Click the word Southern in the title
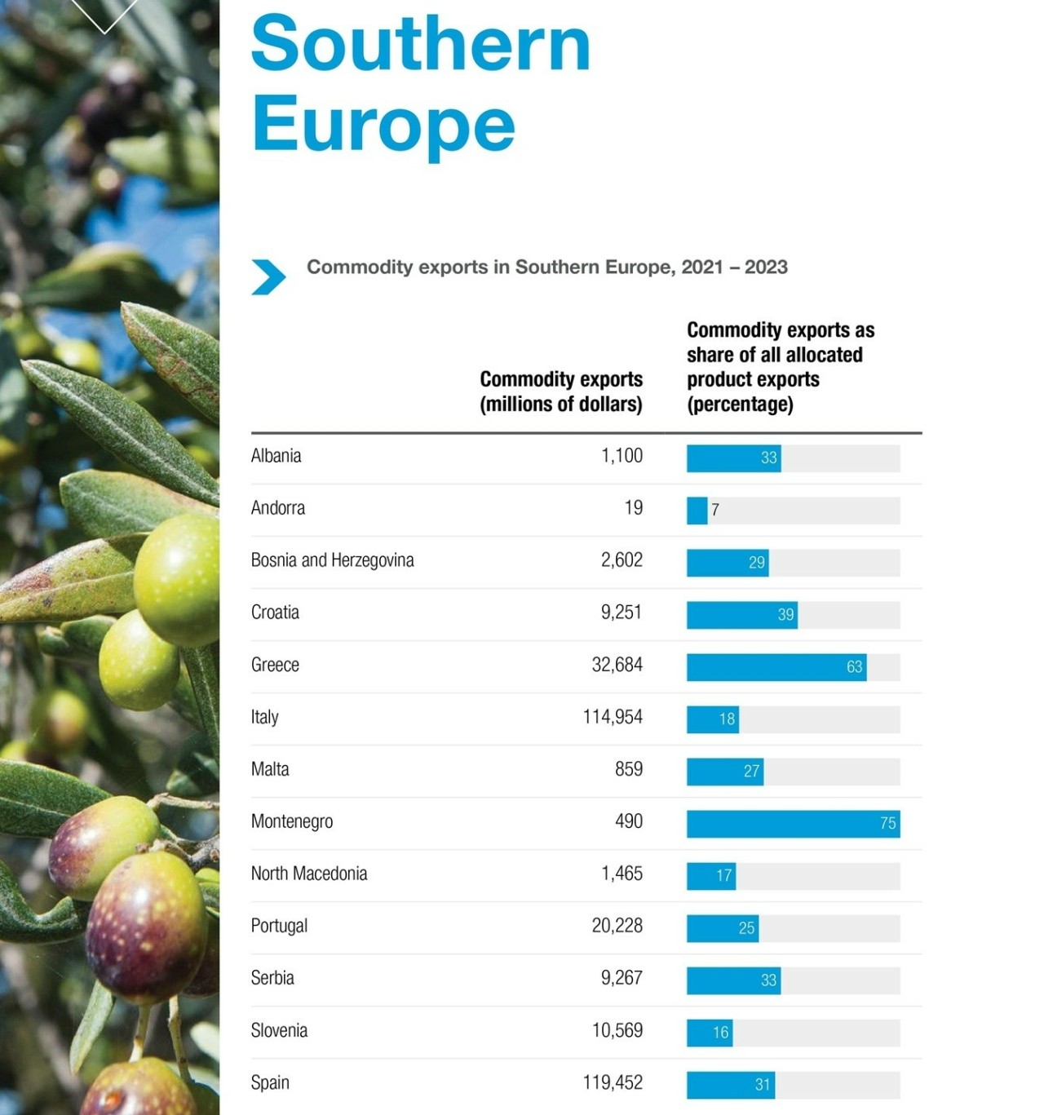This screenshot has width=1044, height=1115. coord(420,44)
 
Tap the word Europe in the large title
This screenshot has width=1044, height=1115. coord(383,124)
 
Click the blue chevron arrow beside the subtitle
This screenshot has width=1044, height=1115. coord(268,277)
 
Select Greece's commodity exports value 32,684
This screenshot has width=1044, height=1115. coord(617,665)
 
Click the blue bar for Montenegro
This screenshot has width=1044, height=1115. coord(793,824)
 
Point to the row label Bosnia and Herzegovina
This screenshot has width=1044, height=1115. coord(332,560)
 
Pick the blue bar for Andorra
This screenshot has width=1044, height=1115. coord(697,511)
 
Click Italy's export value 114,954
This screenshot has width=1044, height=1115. coord(613,717)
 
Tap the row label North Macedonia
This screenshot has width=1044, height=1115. coord(309,874)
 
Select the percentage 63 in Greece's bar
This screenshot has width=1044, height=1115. coord(854,667)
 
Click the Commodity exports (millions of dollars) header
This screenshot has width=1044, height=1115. coord(561,392)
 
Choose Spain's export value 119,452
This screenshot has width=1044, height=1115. coord(613,1082)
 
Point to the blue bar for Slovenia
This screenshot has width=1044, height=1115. coord(709,1033)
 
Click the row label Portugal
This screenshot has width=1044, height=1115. coord(279,926)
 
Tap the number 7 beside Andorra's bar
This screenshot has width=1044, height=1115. coord(715,511)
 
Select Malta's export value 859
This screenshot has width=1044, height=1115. coord(628,769)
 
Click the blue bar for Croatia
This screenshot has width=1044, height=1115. coord(741,615)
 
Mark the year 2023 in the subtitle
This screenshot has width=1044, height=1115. coord(766,268)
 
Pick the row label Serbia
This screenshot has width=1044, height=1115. coord(272,978)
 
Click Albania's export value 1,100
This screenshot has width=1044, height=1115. coord(622,456)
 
